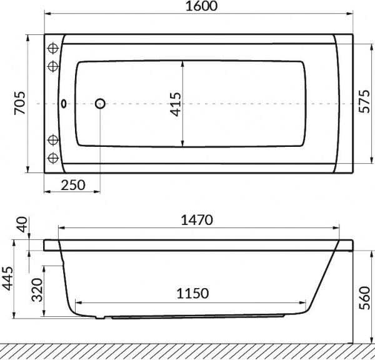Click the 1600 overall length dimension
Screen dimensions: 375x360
click(x=202, y=6)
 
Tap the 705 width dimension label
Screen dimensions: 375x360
click(x=19, y=102)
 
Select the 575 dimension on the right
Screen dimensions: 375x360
click(x=364, y=101)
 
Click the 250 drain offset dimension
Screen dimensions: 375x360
click(x=73, y=185)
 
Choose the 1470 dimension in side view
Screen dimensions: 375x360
click(x=197, y=220)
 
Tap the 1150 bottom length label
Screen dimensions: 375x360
click(x=192, y=293)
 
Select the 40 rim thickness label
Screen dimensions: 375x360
click(x=22, y=224)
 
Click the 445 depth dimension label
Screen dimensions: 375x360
click(x=7, y=278)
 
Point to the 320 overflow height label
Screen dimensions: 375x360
click(x=37, y=289)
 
